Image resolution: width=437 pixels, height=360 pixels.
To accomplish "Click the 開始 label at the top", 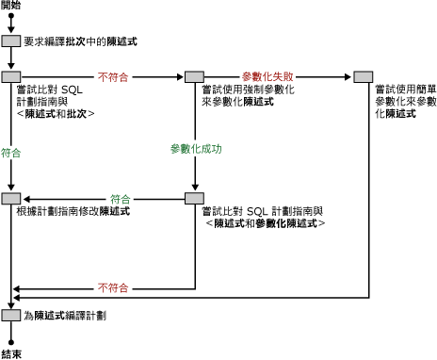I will pyautogui.click(x=12, y=6).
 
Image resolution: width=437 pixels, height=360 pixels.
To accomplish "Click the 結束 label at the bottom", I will pyautogui.click(x=12, y=353).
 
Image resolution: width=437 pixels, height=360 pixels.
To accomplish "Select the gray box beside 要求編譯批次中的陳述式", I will pyautogui.click(x=11, y=42).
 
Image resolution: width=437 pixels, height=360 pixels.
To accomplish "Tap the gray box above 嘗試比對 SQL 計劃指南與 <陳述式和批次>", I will pyautogui.click(x=11, y=75).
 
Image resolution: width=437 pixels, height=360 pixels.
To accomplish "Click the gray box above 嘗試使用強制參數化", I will pyautogui.click(x=194, y=75).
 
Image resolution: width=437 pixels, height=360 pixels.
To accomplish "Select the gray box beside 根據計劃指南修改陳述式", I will pyautogui.click(x=11, y=199).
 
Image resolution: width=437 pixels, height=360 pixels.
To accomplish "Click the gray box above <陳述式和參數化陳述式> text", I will pyautogui.click(x=194, y=199).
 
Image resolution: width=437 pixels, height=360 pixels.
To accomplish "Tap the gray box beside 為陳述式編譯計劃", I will pyautogui.click(x=11, y=315).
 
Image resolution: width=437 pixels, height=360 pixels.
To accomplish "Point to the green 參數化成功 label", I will pyautogui.click(x=195, y=149).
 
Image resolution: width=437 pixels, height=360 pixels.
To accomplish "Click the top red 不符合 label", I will pyautogui.click(x=114, y=74).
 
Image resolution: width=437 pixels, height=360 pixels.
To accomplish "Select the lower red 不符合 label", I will pyautogui.click(x=114, y=286).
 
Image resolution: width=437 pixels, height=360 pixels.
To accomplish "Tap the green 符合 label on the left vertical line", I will pyautogui.click(x=12, y=150).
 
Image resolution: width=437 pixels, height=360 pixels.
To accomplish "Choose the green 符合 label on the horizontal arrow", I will pyautogui.click(x=120, y=198).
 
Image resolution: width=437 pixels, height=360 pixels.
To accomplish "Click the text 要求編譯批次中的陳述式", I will pyautogui.click(x=80, y=42).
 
